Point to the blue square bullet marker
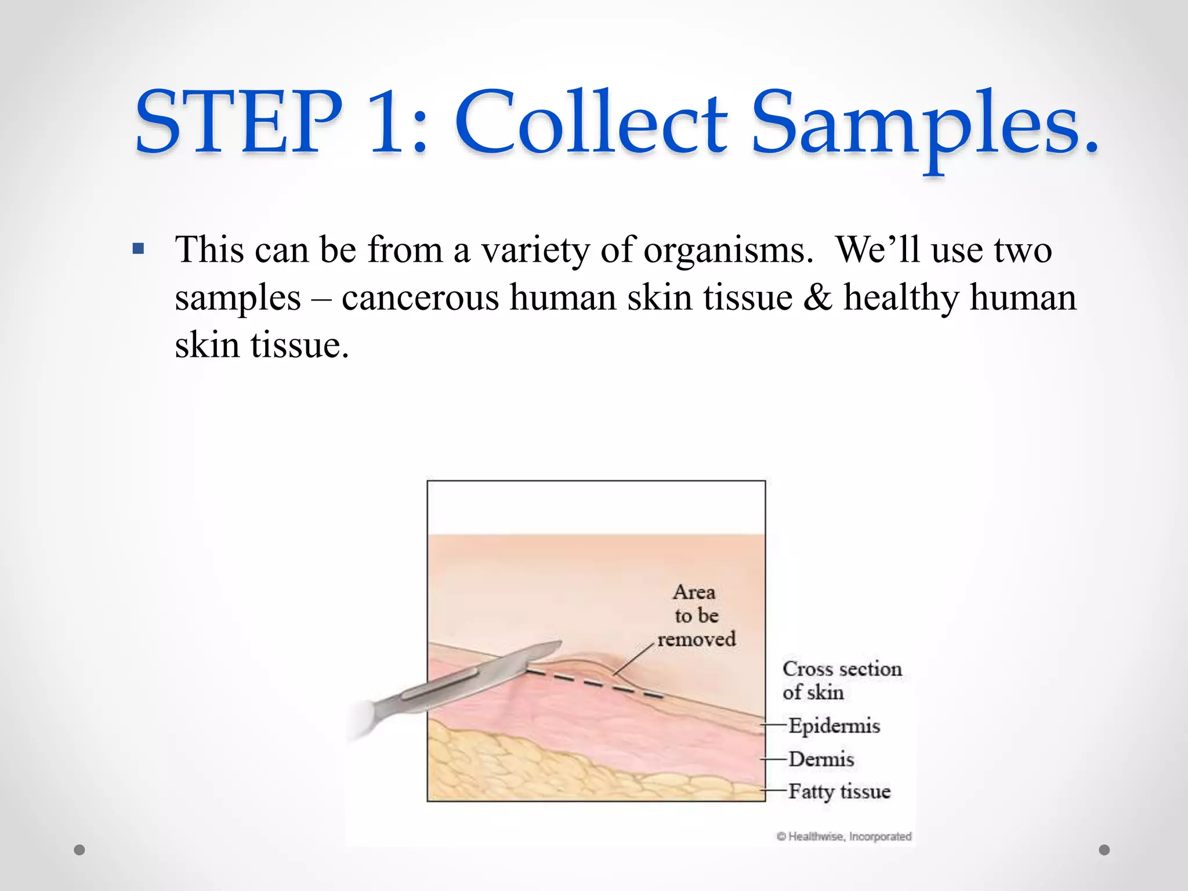[x=138, y=249]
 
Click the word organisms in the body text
[x=728, y=251]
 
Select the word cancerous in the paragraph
[x=421, y=298]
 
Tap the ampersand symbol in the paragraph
[x=817, y=298]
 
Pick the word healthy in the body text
[x=901, y=299]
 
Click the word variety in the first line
[x=535, y=251]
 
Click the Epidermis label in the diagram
[x=834, y=726]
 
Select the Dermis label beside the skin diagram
[x=821, y=759]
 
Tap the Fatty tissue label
[x=839, y=791]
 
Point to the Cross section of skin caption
[x=841, y=680]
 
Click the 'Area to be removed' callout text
[x=696, y=615]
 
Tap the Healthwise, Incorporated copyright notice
[x=844, y=836]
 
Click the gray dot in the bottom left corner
[x=79, y=850]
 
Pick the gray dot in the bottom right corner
[x=1104, y=850]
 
